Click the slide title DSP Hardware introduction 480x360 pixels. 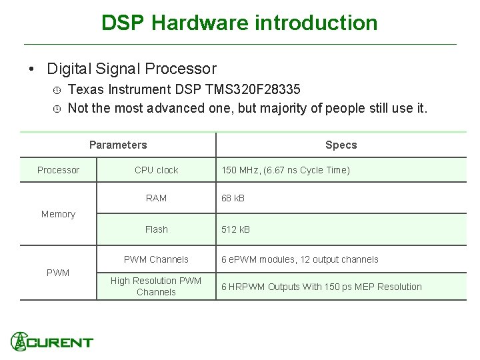pyautogui.click(x=239, y=23)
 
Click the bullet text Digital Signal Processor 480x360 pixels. pyautogui.click(x=131, y=69)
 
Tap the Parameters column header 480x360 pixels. pyautogui.click(x=118, y=145)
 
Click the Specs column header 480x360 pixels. pyautogui.click(x=341, y=145)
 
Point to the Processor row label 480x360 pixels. pyautogui.click(x=58, y=170)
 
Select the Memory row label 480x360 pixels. pyautogui.click(x=58, y=214)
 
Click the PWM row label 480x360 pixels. pyautogui.click(x=58, y=273)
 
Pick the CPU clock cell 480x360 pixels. pyautogui.click(x=156, y=170)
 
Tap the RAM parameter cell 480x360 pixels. pyautogui.click(x=156, y=198)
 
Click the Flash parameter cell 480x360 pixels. pyautogui.click(x=156, y=229)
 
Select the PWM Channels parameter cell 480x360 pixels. pyautogui.click(x=156, y=259)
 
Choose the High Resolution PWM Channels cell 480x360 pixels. pyautogui.click(x=156, y=287)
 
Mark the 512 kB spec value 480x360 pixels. pyautogui.click(x=235, y=229)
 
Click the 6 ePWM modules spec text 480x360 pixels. pyautogui.click(x=299, y=259)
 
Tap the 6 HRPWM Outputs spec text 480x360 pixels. pyautogui.click(x=321, y=287)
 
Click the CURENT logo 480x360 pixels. pyautogui.click(x=52, y=341)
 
